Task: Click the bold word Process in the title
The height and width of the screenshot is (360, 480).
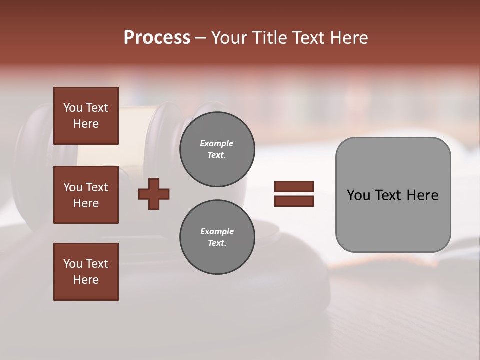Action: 157,38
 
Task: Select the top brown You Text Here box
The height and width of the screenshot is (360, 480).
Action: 86,116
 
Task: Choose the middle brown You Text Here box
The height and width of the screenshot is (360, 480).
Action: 86,195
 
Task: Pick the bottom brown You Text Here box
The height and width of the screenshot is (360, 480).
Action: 86,272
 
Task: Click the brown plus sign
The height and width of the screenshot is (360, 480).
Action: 154,194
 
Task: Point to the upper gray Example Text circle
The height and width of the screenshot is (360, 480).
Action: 217,149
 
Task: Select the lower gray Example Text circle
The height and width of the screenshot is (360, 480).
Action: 217,237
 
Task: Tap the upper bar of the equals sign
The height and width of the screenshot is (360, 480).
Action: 294,186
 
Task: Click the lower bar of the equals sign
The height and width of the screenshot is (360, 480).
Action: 294,201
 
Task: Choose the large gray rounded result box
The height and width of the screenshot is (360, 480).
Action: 393,195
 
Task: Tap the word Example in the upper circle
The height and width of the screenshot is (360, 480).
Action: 217,143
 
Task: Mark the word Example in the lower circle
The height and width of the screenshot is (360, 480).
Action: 217,231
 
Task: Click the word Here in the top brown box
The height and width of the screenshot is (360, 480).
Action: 86,124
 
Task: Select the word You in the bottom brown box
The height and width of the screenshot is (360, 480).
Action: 73,263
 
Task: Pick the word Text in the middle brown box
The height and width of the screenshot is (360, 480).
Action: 96,187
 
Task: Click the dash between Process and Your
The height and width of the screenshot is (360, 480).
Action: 201,38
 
